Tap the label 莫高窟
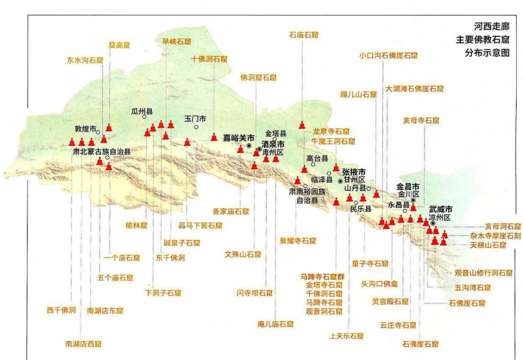118,45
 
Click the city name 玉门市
196,119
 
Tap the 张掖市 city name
354,172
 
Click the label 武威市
440,210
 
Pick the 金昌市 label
407,186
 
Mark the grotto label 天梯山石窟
488,245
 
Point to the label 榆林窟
136,225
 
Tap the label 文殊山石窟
243,254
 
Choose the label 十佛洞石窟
209,59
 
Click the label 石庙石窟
304,35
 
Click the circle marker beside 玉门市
196,127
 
